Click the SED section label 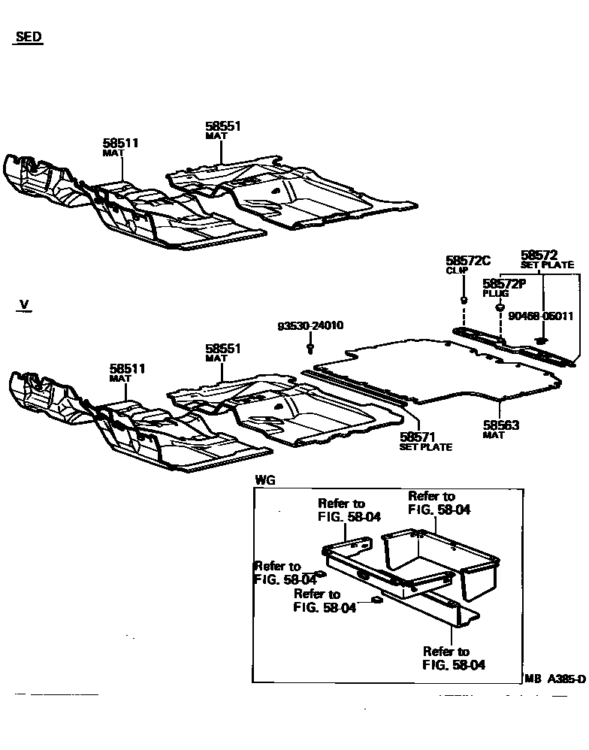tap(28, 37)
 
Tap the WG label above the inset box tap(265, 479)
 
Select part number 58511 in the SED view tap(121, 143)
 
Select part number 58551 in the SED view tap(223, 126)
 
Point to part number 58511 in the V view tap(128, 369)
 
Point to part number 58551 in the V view tap(223, 349)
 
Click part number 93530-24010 tap(310, 327)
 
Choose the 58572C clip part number tap(467, 261)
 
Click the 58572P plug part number tap(503, 283)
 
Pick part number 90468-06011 tap(541, 316)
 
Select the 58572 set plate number tap(539, 256)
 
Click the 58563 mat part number tap(501, 426)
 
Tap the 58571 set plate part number tap(418, 437)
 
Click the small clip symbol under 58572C tap(464, 300)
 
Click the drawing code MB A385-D tap(555, 679)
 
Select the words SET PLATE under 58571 tap(425, 448)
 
